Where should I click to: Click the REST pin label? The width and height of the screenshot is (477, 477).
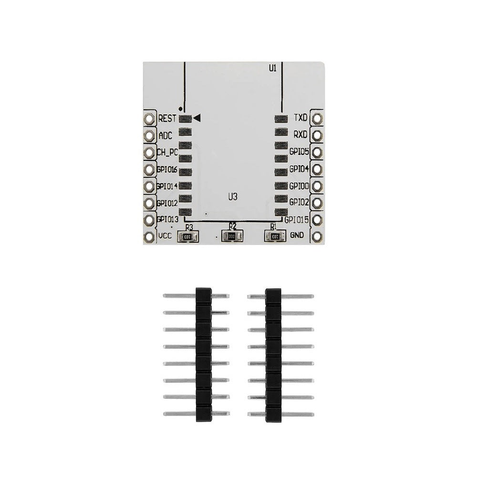tap(167, 118)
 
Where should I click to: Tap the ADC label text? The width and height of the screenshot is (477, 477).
tap(165, 135)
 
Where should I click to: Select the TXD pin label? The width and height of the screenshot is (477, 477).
tap(301, 117)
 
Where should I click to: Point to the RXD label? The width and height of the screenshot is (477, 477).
tap(301, 135)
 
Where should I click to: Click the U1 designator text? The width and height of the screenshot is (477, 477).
tap(272, 68)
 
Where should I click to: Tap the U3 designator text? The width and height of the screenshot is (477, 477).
tap(233, 196)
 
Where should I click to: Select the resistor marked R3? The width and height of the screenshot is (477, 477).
tap(189, 236)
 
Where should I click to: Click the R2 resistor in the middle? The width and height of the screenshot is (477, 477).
tap(232, 236)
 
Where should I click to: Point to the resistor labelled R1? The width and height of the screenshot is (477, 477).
tap(274, 236)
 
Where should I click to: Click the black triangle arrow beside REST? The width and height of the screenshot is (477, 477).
tap(197, 117)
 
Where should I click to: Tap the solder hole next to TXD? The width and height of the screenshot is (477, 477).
tap(317, 117)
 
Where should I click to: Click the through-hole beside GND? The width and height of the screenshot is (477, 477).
tap(317, 236)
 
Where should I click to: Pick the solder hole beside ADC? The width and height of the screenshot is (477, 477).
tap(149, 135)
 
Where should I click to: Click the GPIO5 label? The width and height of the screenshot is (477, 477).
tap(300, 152)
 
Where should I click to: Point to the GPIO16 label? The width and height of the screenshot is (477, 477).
tap(167, 169)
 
